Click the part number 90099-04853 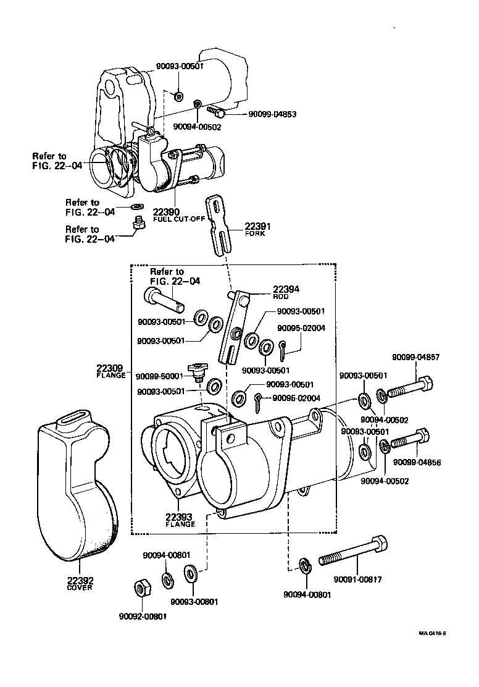click(273, 114)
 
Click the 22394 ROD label click(286, 292)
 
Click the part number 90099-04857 click(414, 358)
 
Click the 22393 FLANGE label click(180, 520)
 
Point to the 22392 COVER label click(80, 584)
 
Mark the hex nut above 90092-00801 click(142, 588)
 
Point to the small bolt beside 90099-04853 click(217, 111)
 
